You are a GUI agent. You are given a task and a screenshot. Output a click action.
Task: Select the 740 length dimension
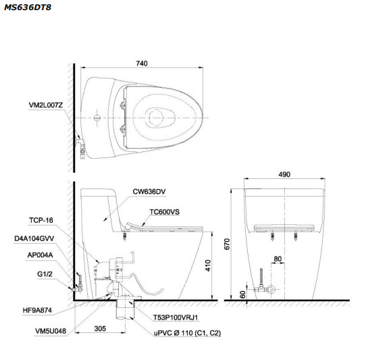point(141,63)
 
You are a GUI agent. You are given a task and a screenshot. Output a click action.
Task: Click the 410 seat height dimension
point(209,265)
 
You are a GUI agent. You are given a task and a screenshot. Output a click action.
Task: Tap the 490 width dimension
point(284,174)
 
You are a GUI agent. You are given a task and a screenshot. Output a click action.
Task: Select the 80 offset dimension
point(277,259)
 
